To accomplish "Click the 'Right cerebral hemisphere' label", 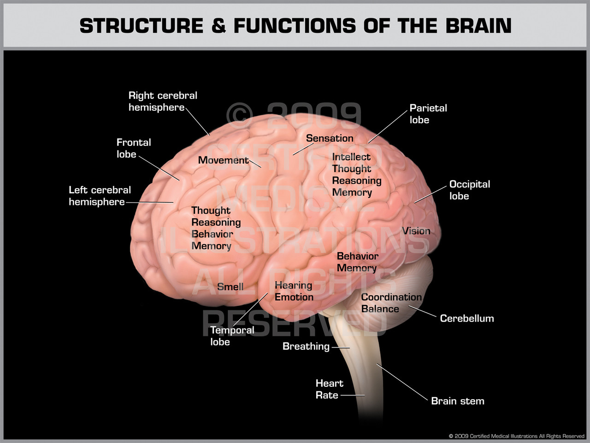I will (x=163, y=102).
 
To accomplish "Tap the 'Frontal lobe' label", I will (x=133, y=148).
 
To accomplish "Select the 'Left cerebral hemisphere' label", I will (x=100, y=196).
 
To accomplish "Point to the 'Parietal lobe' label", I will (x=428, y=114).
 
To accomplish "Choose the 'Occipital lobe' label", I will (x=469, y=190).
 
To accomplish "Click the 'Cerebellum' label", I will (x=466, y=318).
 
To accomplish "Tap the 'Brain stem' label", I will (x=457, y=401).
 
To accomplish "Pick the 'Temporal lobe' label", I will (x=232, y=336).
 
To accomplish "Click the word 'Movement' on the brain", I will (x=223, y=160).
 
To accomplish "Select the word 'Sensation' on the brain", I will (x=330, y=138).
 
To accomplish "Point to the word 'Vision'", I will (x=416, y=231).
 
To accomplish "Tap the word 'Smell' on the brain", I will (x=230, y=287).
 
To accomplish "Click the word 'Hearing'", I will (x=293, y=285).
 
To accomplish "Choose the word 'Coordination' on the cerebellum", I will (x=391, y=297).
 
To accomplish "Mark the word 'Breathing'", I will (x=306, y=346).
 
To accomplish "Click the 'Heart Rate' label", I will (x=329, y=389).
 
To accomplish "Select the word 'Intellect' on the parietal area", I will (x=351, y=157).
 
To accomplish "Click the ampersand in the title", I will (x=218, y=26).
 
